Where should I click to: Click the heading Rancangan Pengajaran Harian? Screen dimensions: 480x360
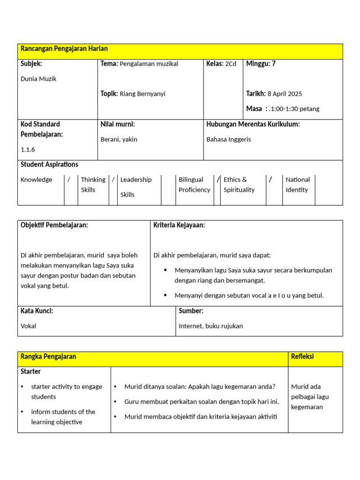tap(64, 49)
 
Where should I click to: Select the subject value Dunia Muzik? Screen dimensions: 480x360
tap(38, 79)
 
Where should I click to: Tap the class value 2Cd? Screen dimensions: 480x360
tap(231, 64)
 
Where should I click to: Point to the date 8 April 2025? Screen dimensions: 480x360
tap(285, 94)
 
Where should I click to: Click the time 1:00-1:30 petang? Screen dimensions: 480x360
tap(295, 109)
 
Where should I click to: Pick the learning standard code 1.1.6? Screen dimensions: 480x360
tap(28, 150)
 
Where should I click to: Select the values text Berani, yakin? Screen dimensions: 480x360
tap(119, 139)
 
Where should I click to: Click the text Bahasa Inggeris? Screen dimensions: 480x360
tap(229, 139)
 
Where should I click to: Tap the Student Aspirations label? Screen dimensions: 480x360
tap(49, 165)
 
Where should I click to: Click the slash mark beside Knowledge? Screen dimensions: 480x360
tap(69, 180)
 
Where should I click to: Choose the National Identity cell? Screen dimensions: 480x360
tap(298, 185)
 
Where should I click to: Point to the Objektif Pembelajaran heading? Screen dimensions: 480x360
tap(54, 225)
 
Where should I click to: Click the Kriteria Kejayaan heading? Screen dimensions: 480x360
tap(179, 225)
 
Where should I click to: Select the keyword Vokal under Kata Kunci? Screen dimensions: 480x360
tap(28, 326)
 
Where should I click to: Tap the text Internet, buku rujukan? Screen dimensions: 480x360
tap(211, 326)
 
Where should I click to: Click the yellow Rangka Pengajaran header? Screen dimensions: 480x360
tap(48, 357)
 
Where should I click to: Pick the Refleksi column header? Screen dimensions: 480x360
tap(302, 357)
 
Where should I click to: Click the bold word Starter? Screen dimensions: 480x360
tap(30, 372)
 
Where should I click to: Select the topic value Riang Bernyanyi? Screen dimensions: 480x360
tap(142, 94)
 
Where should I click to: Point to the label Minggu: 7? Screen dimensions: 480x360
tap(261, 64)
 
